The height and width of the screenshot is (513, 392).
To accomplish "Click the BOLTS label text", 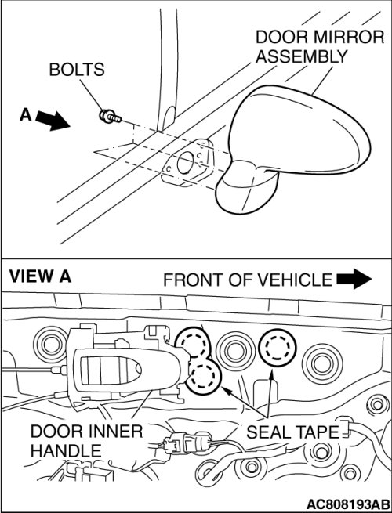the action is point(77,70).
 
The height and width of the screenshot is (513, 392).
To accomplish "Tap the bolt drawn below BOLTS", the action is point(110,117).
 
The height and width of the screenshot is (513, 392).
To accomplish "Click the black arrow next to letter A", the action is point(53,120).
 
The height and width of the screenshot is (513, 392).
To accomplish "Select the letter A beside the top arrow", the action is point(26,115).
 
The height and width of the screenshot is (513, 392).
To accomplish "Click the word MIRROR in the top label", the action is point(349,37).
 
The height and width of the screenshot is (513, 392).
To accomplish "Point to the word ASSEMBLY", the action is point(301,56).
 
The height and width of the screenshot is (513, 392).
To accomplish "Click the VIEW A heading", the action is point(40,276).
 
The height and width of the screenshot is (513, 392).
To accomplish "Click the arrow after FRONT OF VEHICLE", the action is point(354,279).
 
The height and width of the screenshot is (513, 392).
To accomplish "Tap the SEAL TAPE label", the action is point(292,432).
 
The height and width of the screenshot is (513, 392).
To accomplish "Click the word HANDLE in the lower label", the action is point(66,451).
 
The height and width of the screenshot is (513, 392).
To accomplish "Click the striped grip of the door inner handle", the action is point(107,370).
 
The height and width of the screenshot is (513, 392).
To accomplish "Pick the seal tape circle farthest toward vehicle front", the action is point(277,348).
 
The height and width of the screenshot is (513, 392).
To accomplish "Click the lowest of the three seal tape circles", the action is point(204,377).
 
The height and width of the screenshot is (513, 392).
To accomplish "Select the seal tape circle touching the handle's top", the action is point(193,343).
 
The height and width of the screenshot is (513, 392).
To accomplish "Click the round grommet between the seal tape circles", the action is point(235,349).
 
